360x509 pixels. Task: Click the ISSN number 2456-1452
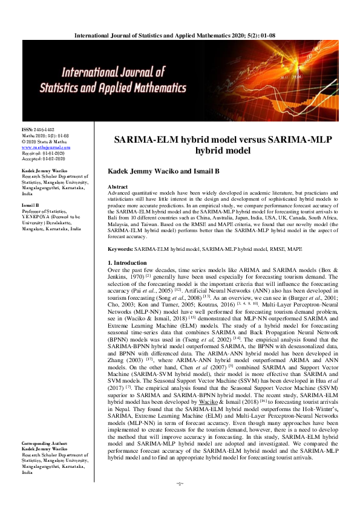pos(38,129)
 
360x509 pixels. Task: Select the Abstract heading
pos(117,187)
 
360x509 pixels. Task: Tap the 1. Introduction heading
pos(126,263)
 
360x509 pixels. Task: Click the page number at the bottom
pos(179,501)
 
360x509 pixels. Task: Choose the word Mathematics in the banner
pos(171,88)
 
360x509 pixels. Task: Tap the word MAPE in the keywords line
pos(295,248)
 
